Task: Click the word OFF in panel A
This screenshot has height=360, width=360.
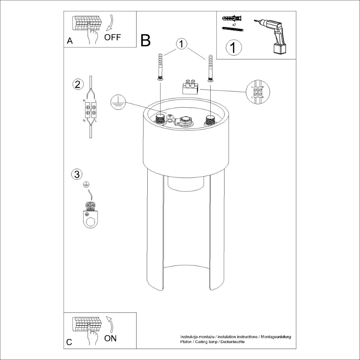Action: [112, 37]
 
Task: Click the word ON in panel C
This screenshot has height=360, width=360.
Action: [110, 338]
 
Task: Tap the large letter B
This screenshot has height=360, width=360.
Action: [145, 41]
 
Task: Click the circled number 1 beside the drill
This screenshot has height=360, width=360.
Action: [233, 47]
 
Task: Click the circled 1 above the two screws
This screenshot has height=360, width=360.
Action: [181, 44]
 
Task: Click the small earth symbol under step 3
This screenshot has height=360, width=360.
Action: [86, 185]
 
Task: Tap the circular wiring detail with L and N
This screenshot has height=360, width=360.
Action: [258, 92]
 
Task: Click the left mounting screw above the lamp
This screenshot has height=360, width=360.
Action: [160, 67]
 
